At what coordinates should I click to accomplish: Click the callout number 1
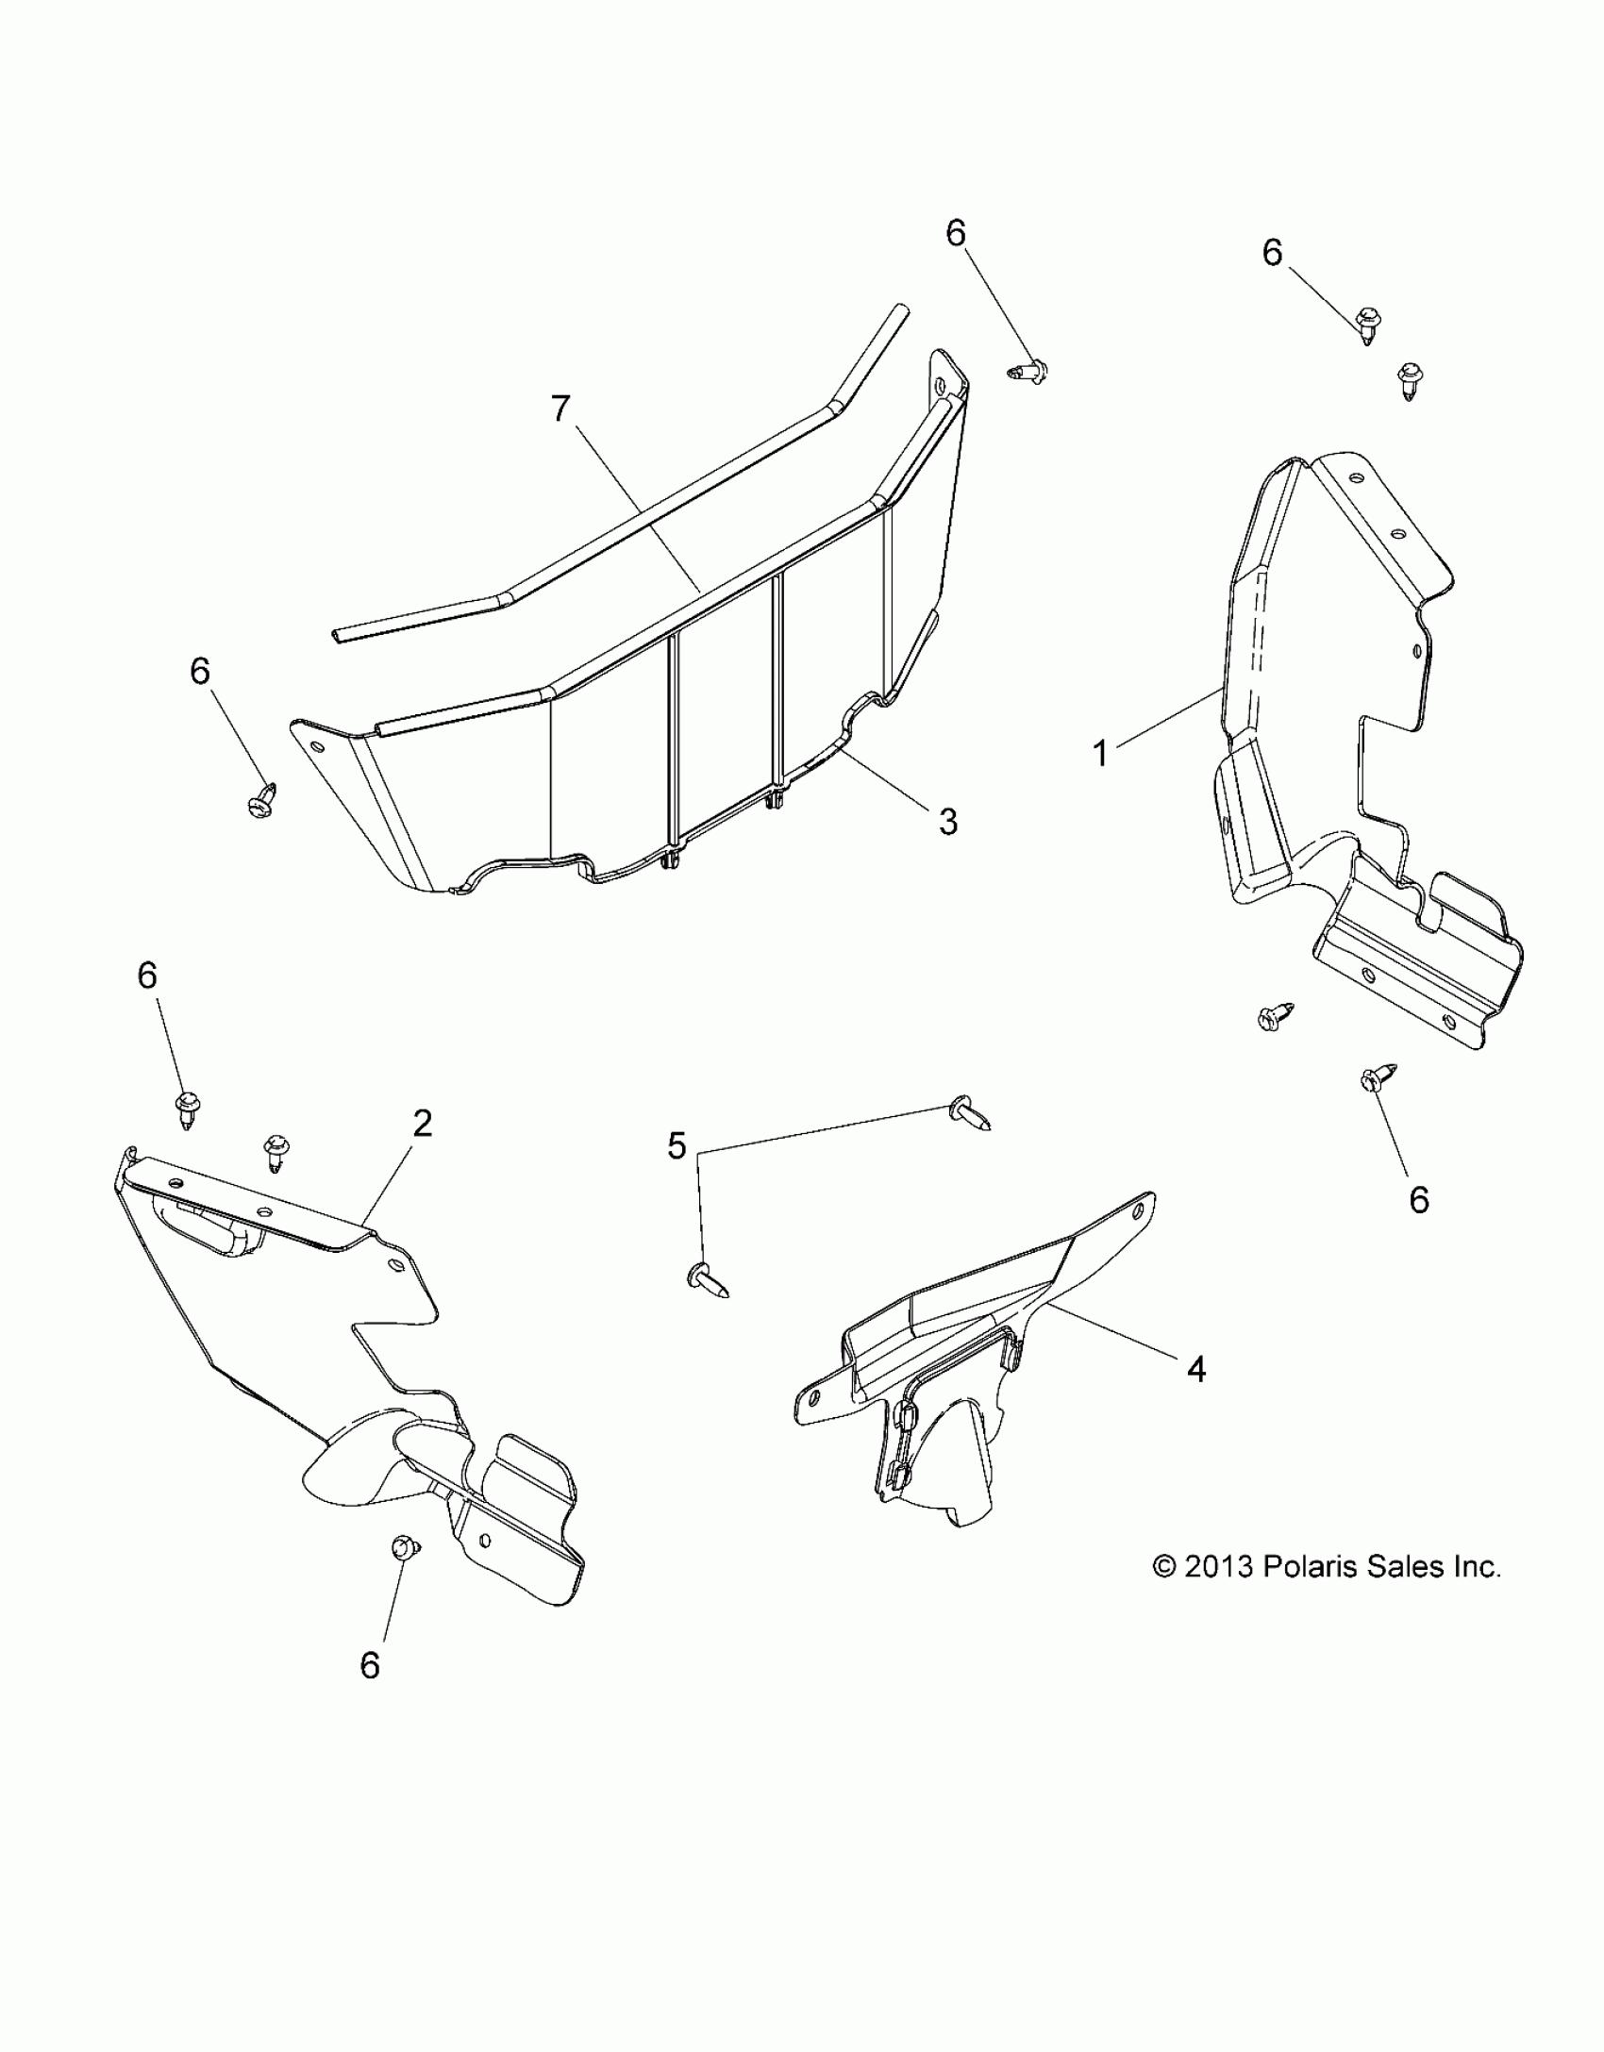point(1099,754)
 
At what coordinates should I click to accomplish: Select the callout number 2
point(422,1123)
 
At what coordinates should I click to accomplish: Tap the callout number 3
point(947,821)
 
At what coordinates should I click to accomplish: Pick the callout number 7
point(562,409)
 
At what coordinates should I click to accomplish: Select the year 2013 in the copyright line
point(1218,1567)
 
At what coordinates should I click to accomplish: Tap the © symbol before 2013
point(1164,1568)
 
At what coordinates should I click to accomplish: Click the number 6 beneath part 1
point(1419,1199)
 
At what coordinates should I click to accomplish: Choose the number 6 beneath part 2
point(370,1666)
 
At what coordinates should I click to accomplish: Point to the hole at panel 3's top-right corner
point(940,386)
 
